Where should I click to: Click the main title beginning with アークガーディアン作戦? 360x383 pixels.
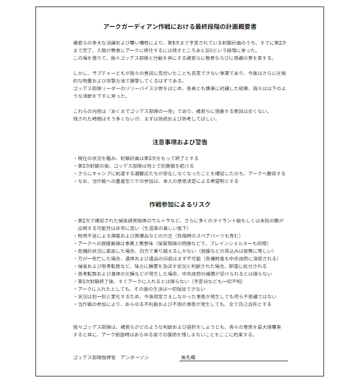[x=179, y=26]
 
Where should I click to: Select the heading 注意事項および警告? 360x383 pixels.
[x=179, y=142]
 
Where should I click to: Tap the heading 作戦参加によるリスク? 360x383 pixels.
[x=179, y=204]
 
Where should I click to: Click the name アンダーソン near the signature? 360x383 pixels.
[x=134, y=357]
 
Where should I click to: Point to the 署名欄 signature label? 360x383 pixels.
[x=189, y=357]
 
